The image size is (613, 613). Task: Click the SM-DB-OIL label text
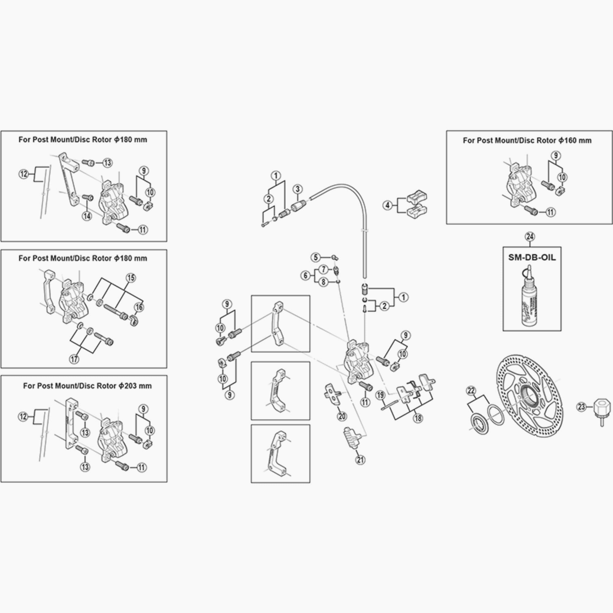click(532, 257)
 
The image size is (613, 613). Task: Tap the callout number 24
click(530, 237)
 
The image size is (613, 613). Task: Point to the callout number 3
click(297, 189)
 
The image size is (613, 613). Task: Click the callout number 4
click(387, 205)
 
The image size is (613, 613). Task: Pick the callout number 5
click(316, 257)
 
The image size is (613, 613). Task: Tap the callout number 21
click(360, 460)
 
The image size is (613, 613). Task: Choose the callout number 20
click(342, 416)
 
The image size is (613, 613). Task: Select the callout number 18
click(418, 418)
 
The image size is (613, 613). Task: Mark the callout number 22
click(471, 391)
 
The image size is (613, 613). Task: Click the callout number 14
click(87, 216)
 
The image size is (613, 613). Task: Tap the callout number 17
click(74, 359)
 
